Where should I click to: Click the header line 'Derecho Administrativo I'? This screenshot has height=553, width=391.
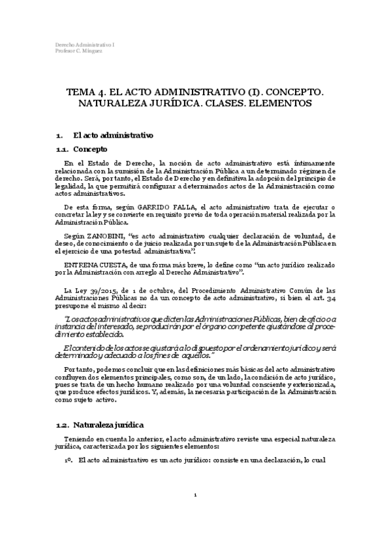pos(77,44)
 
